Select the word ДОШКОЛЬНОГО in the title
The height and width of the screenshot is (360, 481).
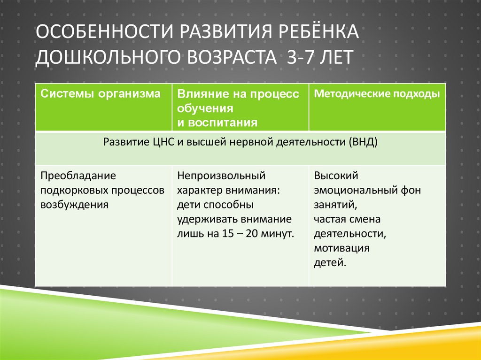pyautogui.click(x=110, y=60)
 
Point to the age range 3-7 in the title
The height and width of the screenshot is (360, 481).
pyautogui.click(x=300, y=60)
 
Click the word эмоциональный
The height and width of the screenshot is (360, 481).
pyautogui.click(x=354, y=190)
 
